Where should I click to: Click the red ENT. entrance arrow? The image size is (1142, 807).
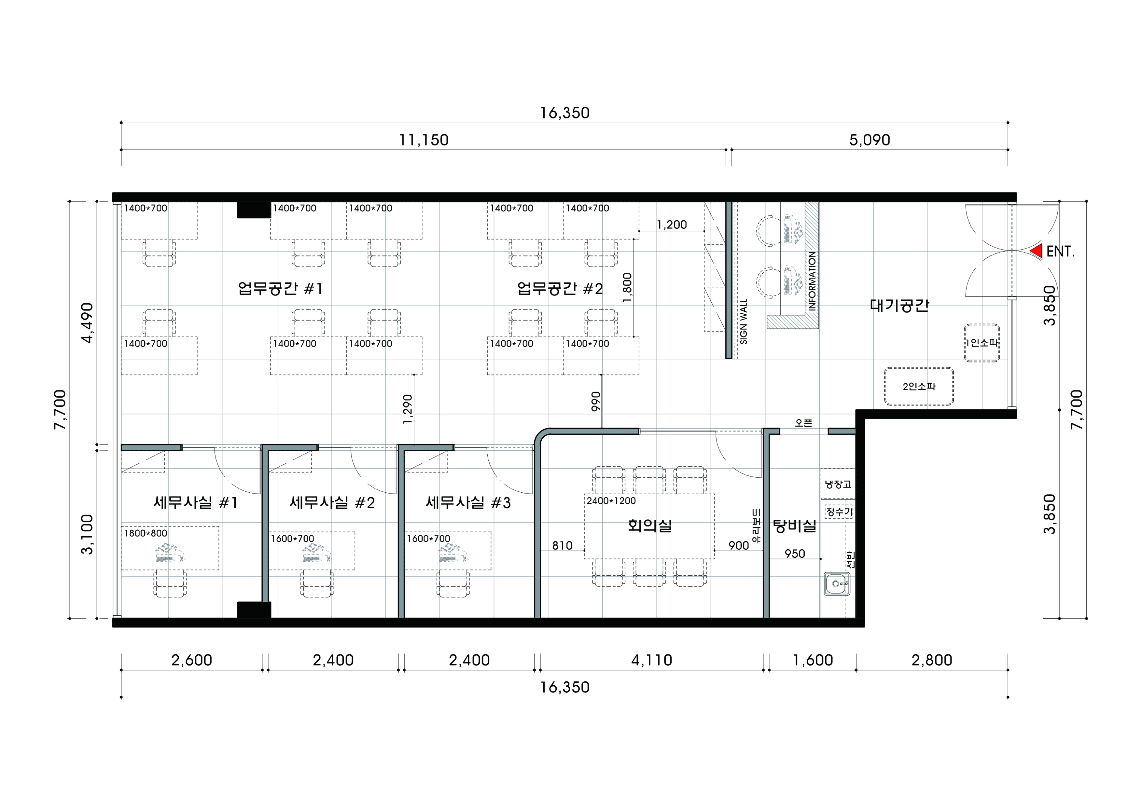pos(1037,252)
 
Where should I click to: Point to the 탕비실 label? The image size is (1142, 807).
pos(794,526)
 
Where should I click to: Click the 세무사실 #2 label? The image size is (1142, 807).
pos(332,503)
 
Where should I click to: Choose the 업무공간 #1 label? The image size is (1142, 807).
pos(281,288)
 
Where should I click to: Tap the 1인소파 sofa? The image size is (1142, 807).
pos(982,343)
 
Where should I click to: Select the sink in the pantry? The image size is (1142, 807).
pos(837,584)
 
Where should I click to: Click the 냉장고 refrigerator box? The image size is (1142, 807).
pos(838,484)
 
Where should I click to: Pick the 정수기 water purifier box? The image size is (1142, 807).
pos(839,512)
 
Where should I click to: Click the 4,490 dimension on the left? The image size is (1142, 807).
pos(88,323)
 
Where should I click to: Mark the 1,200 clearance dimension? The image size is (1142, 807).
pos(672,225)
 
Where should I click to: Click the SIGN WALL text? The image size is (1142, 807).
pos(744,321)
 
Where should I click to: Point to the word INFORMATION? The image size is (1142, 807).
pos(812,281)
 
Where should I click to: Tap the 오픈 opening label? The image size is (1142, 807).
pos(803,423)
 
